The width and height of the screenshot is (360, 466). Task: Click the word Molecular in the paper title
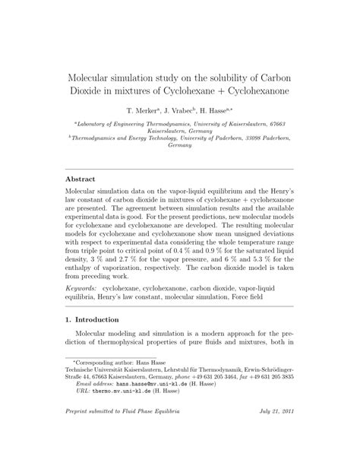(96, 80)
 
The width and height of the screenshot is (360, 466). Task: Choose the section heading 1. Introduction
(96, 320)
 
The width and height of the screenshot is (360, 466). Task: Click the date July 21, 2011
(273, 433)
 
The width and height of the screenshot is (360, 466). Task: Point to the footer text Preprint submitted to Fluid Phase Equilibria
(122, 433)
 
